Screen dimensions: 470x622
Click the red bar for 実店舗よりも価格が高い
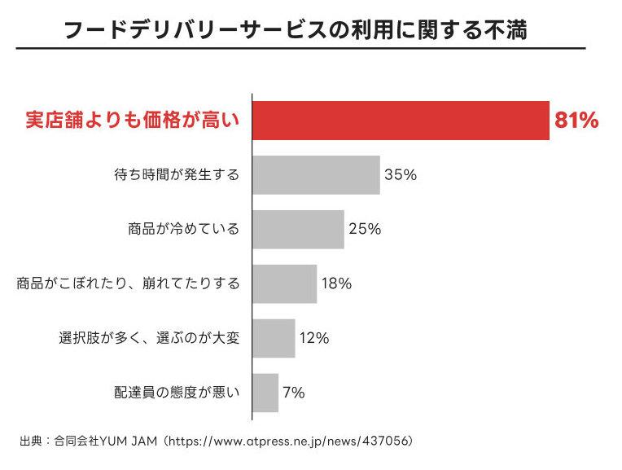[x=401, y=121]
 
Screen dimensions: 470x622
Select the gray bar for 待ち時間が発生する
[x=316, y=174]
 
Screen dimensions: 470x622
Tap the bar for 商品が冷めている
[x=298, y=229]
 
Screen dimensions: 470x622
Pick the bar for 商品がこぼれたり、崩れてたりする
[x=284, y=283]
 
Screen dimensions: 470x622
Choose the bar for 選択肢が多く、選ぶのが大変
[x=274, y=338]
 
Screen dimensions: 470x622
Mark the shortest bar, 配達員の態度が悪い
[x=265, y=393]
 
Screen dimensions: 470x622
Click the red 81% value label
[x=576, y=121]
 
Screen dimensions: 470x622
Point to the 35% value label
[x=401, y=175]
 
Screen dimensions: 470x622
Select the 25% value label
[x=365, y=230]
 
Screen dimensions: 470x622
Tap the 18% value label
[x=336, y=284]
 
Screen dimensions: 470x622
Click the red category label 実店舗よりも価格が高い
[x=130, y=121]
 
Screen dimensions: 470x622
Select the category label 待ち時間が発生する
[x=177, y=175]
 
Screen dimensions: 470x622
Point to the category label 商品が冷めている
[x=184, y=230]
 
